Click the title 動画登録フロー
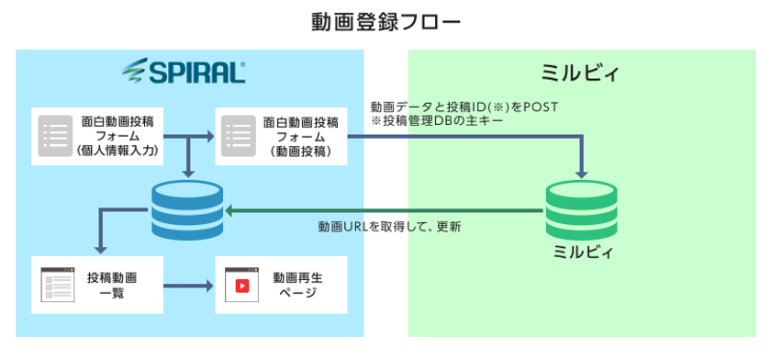point(385,20)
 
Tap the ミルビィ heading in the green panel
point(580,72)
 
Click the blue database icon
point(187,210)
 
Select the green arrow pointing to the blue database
point(385,211)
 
